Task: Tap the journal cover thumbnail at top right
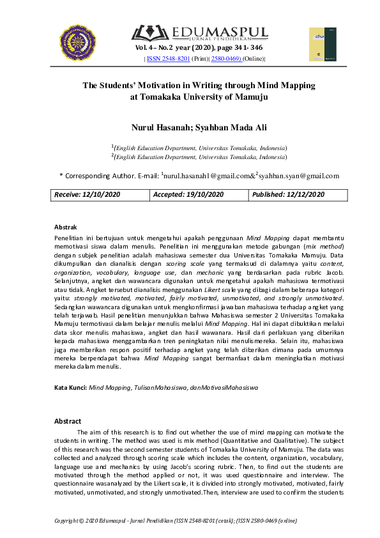322,44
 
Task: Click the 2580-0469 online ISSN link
226,59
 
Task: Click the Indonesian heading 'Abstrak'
65,227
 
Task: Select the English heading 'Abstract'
68,421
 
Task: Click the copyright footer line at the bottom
176,521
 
